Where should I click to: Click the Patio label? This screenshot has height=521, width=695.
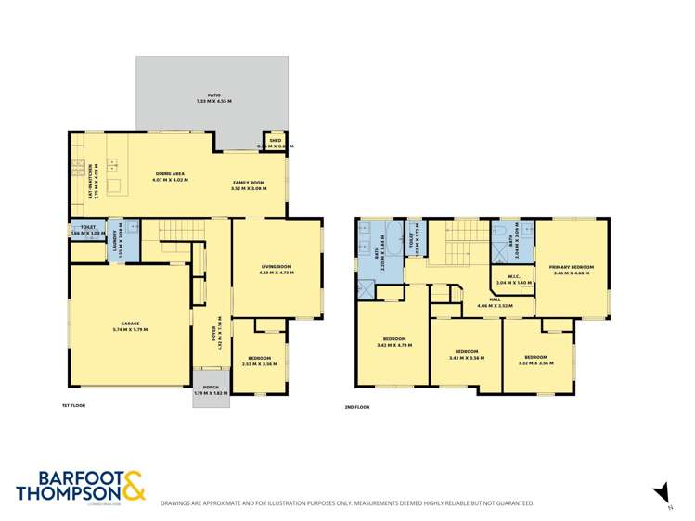213,95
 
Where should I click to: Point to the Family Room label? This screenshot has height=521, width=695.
249,184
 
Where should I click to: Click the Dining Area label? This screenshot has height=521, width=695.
172,174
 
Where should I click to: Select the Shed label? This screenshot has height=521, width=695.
274,141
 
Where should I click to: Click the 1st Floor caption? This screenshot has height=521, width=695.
73,406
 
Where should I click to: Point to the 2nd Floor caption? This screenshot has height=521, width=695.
356,406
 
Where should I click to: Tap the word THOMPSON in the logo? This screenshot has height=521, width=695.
62,495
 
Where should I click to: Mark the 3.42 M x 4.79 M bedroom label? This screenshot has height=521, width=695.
393,342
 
